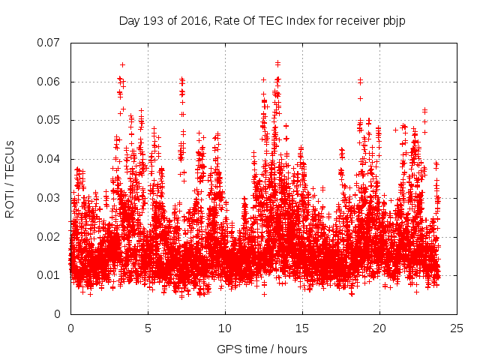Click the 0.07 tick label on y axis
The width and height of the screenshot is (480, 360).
(x=49, y=43)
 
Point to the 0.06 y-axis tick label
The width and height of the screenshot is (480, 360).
(x=49, y=82)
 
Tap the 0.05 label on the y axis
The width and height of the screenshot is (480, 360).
(x=49, y=120)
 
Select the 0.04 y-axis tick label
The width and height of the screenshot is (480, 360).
(x=49, y=159)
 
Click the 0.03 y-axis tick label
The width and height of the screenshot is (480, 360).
(x=49, y=198)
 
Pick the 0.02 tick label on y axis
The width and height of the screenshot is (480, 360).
(x=49, y=236)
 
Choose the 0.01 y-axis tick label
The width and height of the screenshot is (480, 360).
(x=49, y=275)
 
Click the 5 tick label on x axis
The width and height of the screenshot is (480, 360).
(x=148, y=328)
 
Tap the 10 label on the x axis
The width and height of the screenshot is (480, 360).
(x=225, y=328)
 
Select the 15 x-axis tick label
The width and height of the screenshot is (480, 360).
(x=302, y=328)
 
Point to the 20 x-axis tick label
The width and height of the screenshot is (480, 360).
(x=379, y=328)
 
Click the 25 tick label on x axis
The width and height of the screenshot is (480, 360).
(x=457, y=328)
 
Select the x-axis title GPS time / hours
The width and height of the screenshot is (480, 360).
(x=262, y=349)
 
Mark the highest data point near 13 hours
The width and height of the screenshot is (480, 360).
(x=277, y=63)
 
